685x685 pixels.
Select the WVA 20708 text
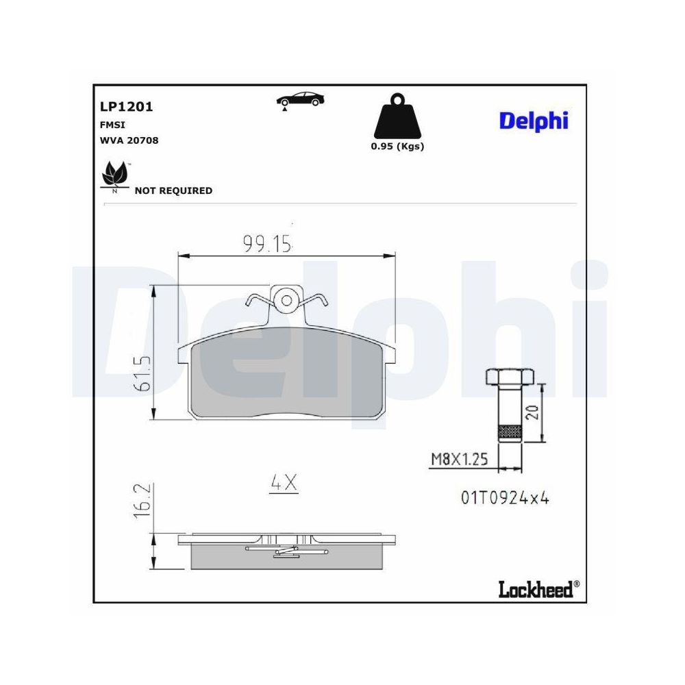click(x=129, y=140)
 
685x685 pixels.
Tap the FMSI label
click(x=112, y=125)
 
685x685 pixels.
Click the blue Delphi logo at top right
click(x=534, y=121)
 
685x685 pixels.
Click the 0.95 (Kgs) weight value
click(x=397, y=147)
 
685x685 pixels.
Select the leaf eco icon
click(x=115, y=175)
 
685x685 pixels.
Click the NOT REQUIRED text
click(x=173, y=191)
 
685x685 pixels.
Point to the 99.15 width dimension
click(x=268, y=243)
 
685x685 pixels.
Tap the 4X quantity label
click(x=284, y=483)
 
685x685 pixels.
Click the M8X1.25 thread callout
click(x=459, y=459)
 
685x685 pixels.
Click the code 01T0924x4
click(x=505, y=498)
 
